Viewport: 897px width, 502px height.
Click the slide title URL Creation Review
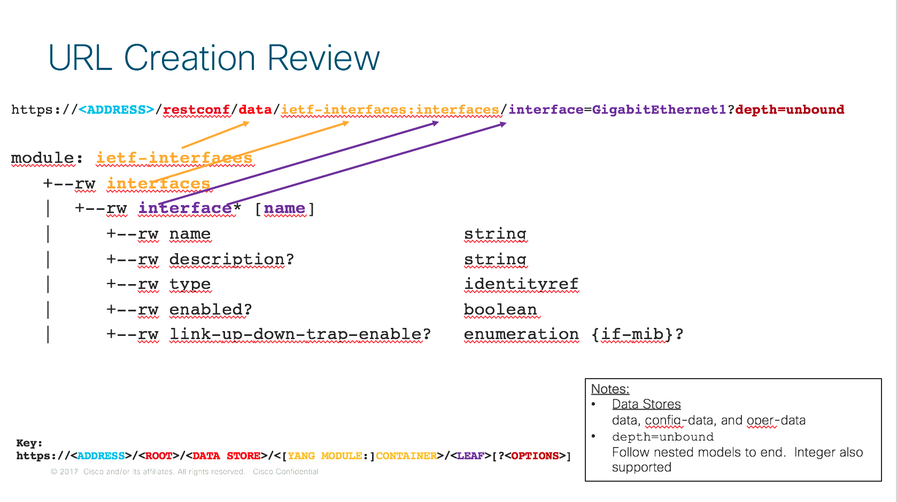214,58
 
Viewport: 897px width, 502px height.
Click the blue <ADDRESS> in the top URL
117,109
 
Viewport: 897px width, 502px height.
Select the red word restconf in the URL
196,109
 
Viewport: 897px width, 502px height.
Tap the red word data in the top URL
255,109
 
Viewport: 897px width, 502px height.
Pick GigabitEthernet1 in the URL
659,109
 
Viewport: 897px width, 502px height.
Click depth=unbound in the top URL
790,109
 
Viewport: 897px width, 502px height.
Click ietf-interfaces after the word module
174,158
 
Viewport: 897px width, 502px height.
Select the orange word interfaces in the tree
158,184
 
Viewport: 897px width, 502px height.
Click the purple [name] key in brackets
284,209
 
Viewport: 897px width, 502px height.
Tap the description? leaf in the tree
231,259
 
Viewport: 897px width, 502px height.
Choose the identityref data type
521,284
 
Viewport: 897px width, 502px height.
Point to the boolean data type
500,310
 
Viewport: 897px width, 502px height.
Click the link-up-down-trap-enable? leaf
300,334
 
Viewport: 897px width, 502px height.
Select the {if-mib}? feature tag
637,334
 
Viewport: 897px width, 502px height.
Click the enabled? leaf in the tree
211,310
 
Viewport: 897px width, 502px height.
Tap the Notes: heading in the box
610,389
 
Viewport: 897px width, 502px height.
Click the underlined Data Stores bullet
646,404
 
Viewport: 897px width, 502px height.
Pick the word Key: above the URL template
29,443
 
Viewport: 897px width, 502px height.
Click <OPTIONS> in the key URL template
535,456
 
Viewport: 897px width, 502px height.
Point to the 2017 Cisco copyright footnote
184,472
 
